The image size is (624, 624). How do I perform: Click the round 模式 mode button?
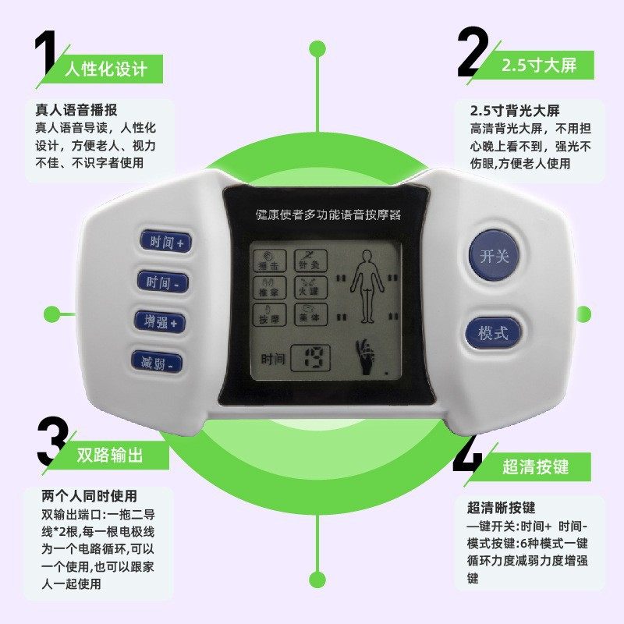point(493,332)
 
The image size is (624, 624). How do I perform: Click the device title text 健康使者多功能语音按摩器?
point(328,214)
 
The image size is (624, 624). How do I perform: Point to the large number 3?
point(51,442)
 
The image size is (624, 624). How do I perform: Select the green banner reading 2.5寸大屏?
point(538,65)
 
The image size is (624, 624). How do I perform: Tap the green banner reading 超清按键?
point(535,466)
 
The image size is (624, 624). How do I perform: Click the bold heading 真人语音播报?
point(81,110)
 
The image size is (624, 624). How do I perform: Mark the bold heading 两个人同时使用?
point(89,496)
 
